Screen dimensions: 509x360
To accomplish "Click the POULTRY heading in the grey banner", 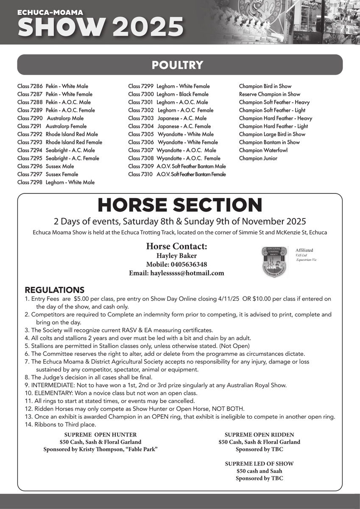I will [x=177, y=65].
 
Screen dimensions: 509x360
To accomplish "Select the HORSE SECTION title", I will [x=180, y=205].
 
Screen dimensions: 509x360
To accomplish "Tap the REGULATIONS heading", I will [x=55, y=290].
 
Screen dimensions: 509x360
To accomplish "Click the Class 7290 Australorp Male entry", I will [x=50, y=118].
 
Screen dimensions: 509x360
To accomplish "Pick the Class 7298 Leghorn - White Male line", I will [x=56, y=182].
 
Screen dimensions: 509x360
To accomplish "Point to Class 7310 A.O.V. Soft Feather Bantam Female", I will [x=177, y=174].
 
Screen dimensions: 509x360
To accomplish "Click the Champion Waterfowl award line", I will [x=263, y=150].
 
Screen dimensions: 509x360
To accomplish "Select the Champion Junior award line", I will [x=258, y=158].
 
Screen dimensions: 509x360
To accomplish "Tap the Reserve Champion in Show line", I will [x=269, y=94].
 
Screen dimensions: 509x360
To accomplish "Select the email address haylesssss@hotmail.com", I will [x=176, y=274].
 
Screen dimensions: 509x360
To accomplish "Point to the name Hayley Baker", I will [x=176, y=256].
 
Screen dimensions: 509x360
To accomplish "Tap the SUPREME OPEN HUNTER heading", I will [x=100, y=435].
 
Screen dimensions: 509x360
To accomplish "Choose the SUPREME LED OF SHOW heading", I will [x=259, y=464].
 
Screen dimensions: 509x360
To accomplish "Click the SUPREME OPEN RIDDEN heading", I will [x=259, y=435].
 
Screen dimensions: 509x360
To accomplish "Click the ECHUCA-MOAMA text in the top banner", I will [x=44, y=13].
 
